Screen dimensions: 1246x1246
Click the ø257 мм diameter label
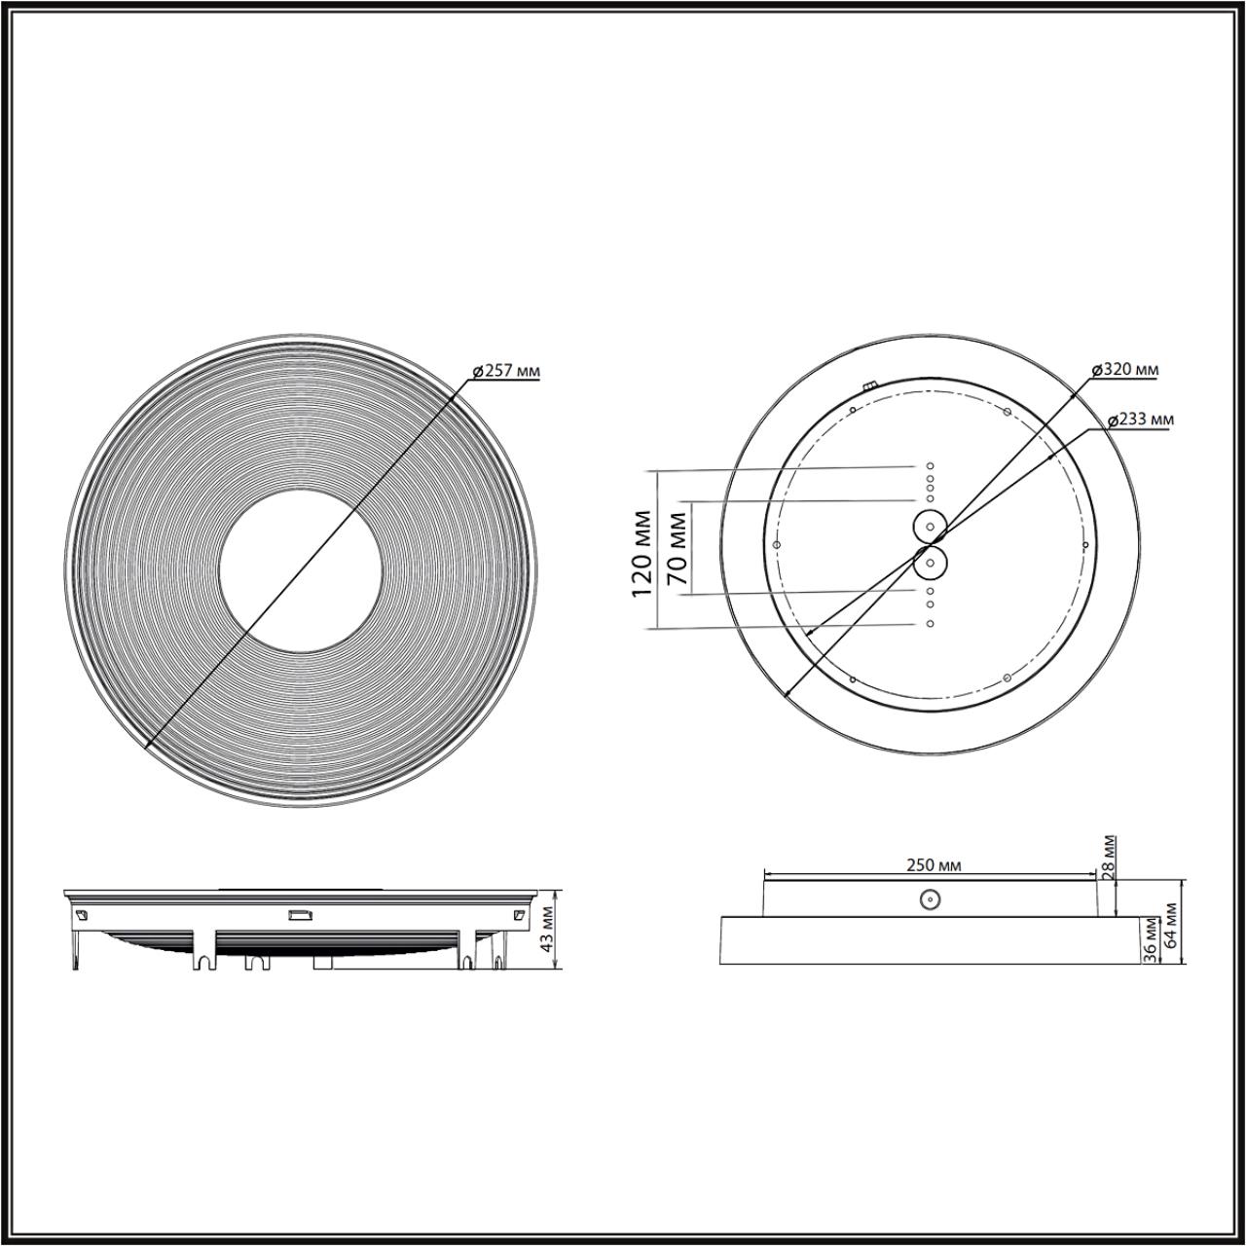[x=506, y=371]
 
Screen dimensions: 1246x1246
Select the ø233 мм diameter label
[x=1141, y=420]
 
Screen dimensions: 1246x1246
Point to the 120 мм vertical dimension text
[x=641, y=553]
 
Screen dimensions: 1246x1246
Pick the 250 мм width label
[x=934, y=864]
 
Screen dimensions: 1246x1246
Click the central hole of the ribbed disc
[x=300, y=569]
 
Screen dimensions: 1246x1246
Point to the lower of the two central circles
[x=931, y=562]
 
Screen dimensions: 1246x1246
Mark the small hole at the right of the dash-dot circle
[x=1083, y=545]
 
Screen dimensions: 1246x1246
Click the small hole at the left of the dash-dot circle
[x=776, y=544]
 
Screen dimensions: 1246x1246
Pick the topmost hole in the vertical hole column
[x=930, y=466]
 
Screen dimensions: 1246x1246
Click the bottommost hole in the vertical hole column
[x=930, y=623]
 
